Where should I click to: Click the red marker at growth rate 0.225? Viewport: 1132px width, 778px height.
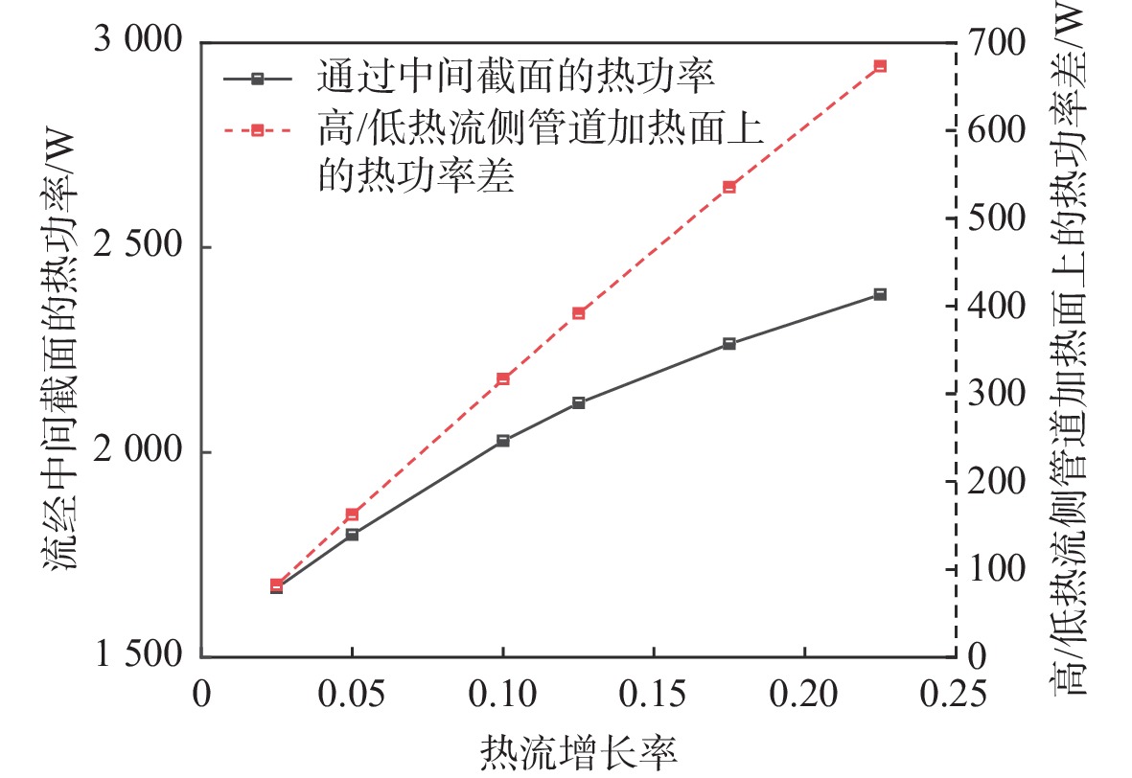click(880, 66)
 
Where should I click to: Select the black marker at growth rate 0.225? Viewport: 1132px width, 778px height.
click(880, 294)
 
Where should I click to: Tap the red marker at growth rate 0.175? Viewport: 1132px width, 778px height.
click(728, 187)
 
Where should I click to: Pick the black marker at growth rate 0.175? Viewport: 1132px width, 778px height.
click(728, 343)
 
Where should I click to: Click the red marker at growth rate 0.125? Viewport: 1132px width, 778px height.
click(578, 313)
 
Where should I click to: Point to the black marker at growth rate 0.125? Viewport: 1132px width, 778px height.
click(578, 402)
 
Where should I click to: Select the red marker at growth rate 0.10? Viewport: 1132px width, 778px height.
click(502, 379)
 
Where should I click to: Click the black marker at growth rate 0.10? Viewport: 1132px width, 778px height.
click(502, 441)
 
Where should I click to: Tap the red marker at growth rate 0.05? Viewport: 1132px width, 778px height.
click(352, 515)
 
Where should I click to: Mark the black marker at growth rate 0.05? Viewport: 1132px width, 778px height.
click(352, 535)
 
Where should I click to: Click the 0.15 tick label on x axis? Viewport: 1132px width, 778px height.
click(653, 693)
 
